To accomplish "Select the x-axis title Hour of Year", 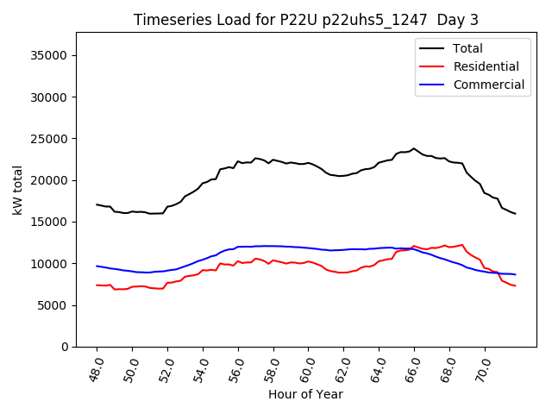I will [x=305, y=394].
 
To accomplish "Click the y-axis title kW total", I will [x=18, y=190].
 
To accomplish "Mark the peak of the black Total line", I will [x=414, y=148].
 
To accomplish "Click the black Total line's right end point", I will [x=516, y=213].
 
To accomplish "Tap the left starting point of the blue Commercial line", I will [x=97, y=266].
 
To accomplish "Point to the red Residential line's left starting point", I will [x=97, y=285].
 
